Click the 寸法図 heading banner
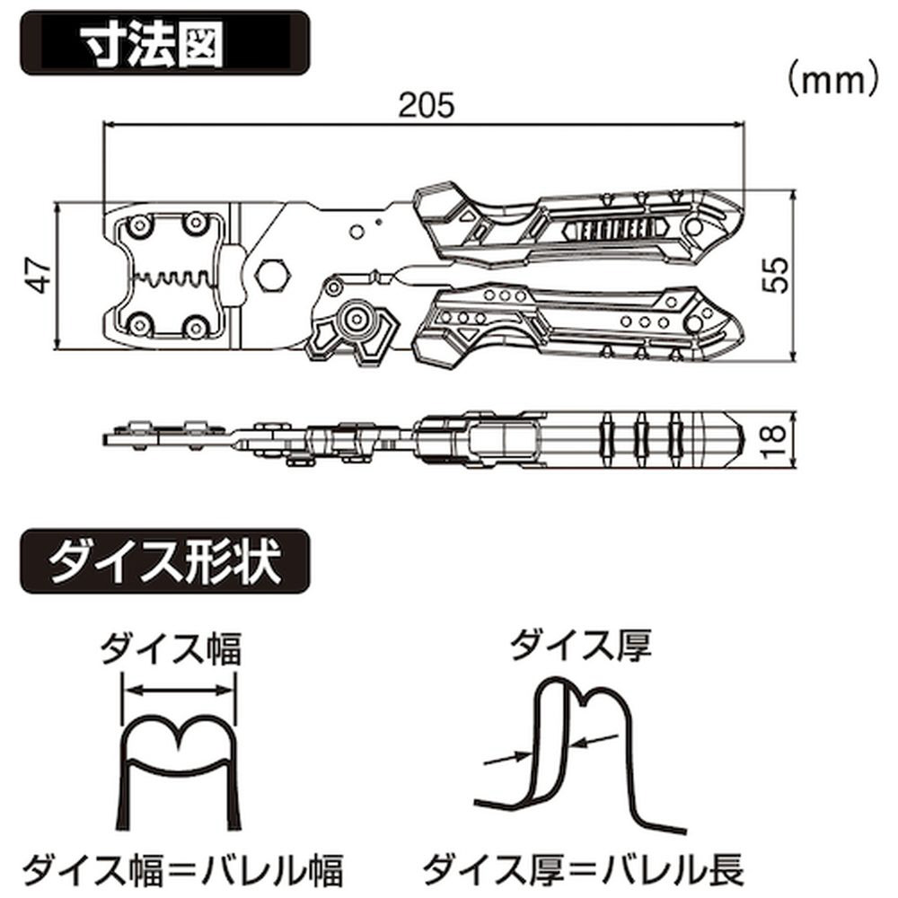[165, 43]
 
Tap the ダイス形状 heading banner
[165, 561]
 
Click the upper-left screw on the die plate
[138, 224]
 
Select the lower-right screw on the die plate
[196, 326]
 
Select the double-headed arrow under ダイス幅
[179, 691]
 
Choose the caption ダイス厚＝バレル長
[583, 868]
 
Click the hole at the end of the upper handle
[693, 227]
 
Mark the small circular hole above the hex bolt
[355, 232]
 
